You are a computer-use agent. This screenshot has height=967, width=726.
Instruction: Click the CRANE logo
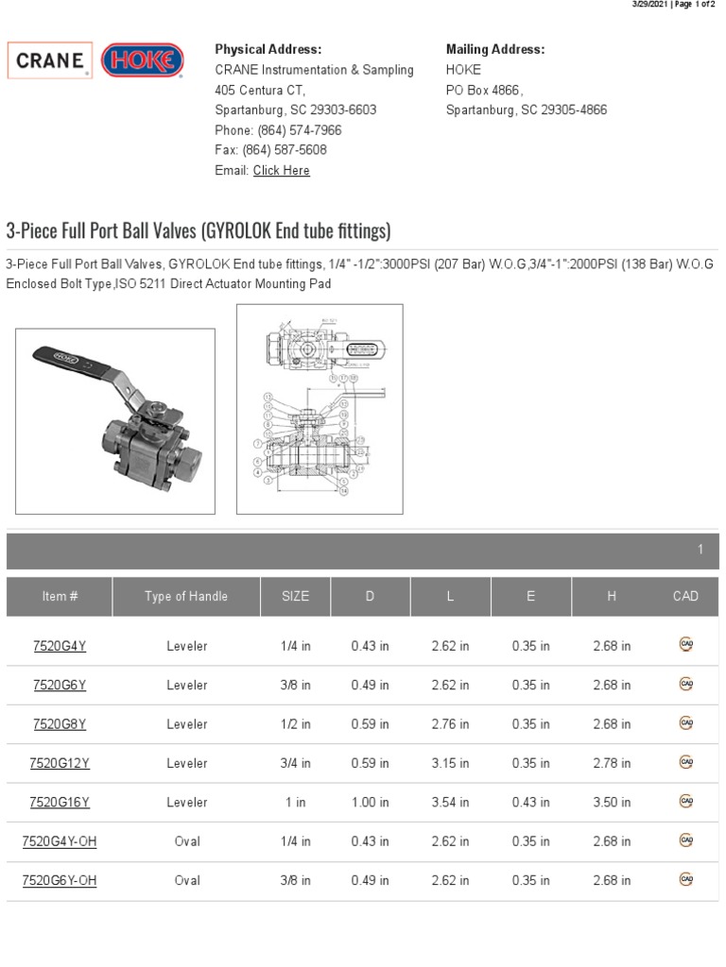(50, 60)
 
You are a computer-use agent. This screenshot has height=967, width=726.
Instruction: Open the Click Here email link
(281, 171)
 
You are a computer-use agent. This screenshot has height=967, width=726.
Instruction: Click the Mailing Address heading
(494, 49)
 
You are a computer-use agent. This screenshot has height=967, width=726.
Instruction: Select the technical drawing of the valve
(319, 409)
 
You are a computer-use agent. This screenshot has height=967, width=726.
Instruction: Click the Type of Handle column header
(186, 596)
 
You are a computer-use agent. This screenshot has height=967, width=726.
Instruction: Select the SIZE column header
(295, 596)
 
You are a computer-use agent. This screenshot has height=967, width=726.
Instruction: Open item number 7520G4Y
(60, 646)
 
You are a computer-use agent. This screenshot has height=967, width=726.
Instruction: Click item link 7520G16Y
(60, 803)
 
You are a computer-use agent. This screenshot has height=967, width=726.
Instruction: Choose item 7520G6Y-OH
(60, 880)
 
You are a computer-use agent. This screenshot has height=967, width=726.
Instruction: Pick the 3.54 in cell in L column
(450, 803)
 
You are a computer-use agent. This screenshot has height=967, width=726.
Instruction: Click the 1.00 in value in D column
(370, 803)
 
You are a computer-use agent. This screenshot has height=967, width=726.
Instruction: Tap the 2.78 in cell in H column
(612, 763)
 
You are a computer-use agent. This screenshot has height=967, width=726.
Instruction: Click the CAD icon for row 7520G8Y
(686, 723)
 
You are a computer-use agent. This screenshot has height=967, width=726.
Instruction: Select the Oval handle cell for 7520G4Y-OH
(187, 841)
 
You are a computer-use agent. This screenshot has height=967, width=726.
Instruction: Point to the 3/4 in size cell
(295, 763)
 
